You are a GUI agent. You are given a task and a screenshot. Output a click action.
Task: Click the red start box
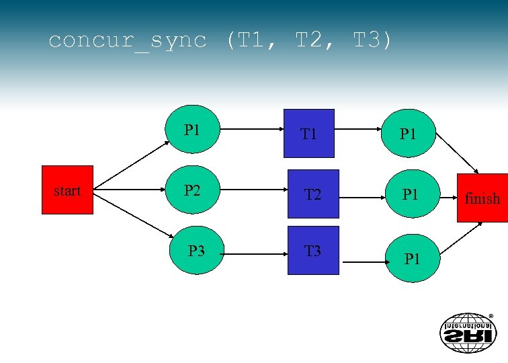tap(67, 191)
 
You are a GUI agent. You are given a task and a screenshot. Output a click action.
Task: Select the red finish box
tap(482, 198)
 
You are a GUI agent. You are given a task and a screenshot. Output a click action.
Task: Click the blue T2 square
tap(313, 194)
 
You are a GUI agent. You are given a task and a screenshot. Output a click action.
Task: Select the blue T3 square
tap(313, 251)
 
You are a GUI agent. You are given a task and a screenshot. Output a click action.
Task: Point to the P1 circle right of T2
tap(411, 195)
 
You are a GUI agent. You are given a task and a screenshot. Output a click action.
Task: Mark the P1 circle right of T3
tap(413, 256)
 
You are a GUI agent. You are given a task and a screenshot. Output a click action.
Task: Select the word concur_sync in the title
tap(128, 41)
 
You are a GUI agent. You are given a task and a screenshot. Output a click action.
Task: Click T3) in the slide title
tap(372, 41)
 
